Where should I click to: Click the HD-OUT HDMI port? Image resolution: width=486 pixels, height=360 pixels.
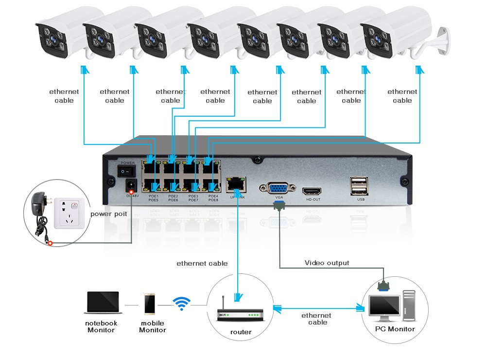pyautogui.click(x=312, y=191)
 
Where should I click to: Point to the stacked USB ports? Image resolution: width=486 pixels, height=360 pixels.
pyautogui.click(x=358, y=186)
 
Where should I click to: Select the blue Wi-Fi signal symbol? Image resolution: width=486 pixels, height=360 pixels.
pyautogui.click(x=182, y=304)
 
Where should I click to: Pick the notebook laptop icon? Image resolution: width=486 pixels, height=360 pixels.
pyautogui.click(x=102, y=304)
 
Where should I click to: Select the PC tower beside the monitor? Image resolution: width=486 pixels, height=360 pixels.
pyautogui.click(x=409, y=304)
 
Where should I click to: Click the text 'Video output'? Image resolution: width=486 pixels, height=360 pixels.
pyautogui.click(x=327, y=263)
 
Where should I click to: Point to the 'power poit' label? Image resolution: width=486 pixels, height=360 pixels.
pyautogui.click(x=109, y=214)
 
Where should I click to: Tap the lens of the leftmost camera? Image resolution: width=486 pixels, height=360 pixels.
pyautogui.click(x=51, y=39)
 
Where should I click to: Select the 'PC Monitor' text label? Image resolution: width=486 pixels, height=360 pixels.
pyautogui.click(x=395, y=329)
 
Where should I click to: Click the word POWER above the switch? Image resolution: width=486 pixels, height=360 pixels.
pyautogui.click(x=128, y=163)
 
